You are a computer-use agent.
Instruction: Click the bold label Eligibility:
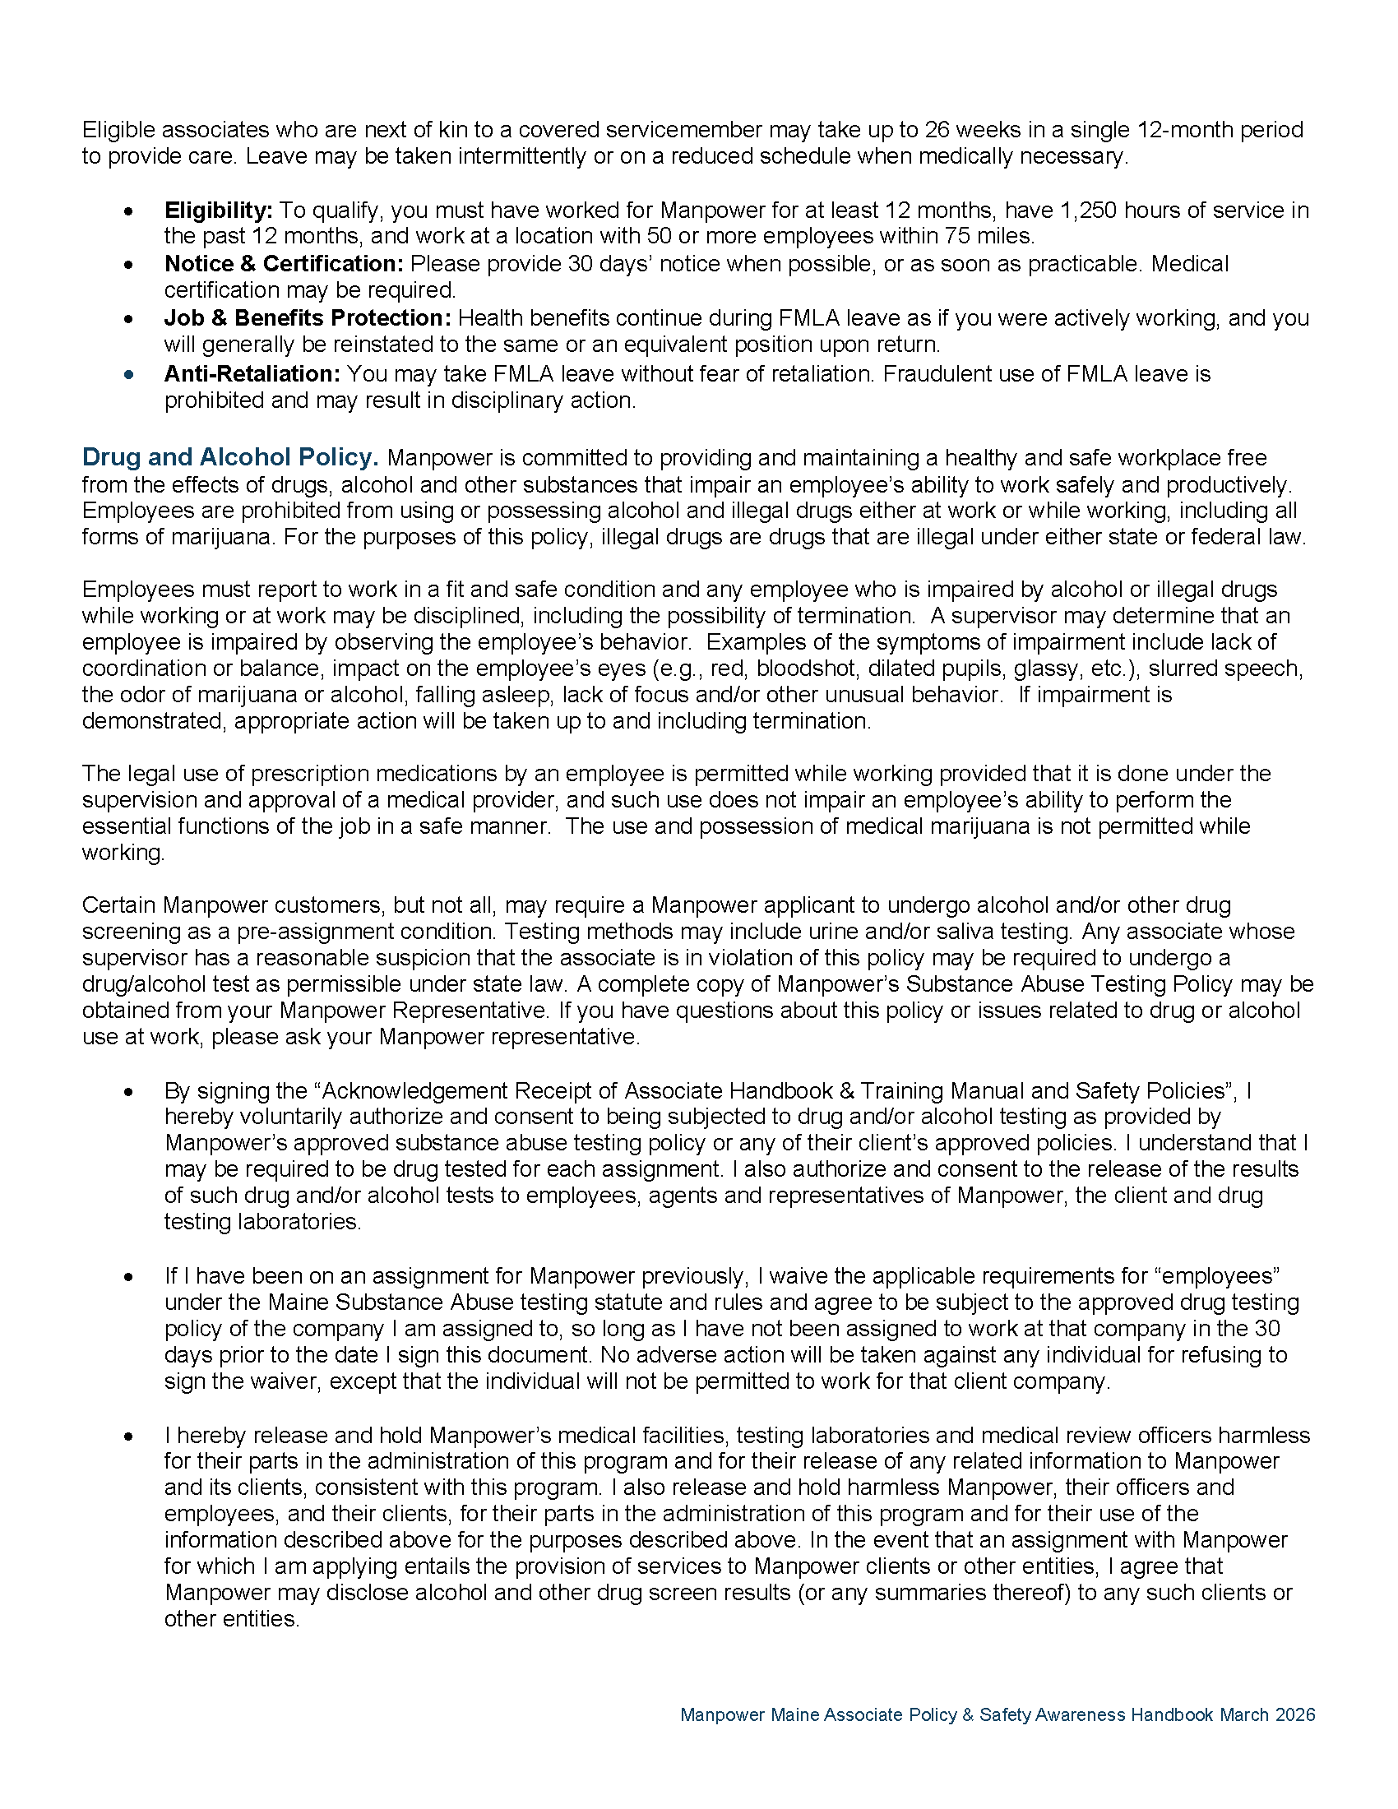click(218, 211)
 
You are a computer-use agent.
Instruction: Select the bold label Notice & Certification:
click(283, 264)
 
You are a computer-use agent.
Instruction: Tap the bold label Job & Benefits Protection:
click(308, 318)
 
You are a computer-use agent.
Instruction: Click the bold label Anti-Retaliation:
click(252, 373)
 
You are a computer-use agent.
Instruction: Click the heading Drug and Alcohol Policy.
click(230, 457)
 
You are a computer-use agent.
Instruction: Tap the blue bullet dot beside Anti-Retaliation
click(128, 374)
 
